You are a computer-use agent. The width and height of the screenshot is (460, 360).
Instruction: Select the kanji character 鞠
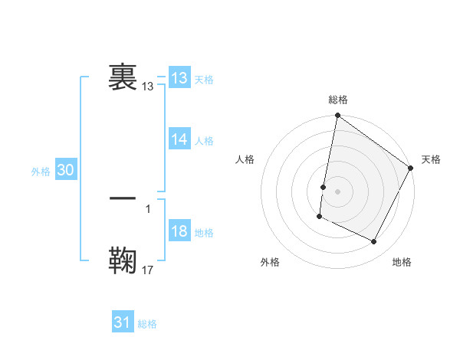coord(123,259)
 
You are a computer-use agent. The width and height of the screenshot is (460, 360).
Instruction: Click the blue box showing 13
coord(179,78)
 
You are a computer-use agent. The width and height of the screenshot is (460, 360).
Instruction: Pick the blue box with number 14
coord(179,139)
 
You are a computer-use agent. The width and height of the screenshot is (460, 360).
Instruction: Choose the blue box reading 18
coord(179,232)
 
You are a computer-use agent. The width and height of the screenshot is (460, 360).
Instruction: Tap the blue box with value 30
coord(65,171)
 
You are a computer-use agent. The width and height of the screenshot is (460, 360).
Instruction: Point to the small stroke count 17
coord(148,270)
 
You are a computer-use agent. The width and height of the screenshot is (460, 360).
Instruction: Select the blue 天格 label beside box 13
coord(204,80)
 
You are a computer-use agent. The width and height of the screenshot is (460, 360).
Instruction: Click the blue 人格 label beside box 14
coord(204,141)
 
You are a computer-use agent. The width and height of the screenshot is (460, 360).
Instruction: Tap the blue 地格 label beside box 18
coord(204,233)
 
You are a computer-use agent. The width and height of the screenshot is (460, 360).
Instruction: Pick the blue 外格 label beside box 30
coord(41,172)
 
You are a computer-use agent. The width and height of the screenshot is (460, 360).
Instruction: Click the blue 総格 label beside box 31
coord(147,324)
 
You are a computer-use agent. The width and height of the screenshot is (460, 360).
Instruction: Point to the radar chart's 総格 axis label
coord(338,100)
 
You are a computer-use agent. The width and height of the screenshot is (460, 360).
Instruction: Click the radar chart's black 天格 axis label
coord(431,159)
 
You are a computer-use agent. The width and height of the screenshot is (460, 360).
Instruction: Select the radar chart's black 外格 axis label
coord(270,263)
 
